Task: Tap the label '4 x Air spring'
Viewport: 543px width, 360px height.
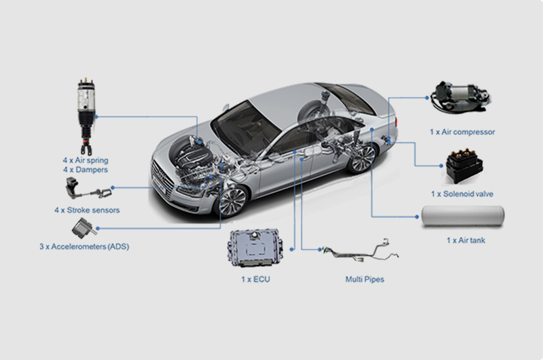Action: coord(86,160)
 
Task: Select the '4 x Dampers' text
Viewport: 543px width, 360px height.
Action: coord(86,170)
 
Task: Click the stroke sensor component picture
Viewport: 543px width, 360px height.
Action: coord(89,189)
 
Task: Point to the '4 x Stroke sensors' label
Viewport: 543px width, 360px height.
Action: coord(87,210)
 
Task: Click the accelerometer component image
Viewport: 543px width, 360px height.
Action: coord(82,228)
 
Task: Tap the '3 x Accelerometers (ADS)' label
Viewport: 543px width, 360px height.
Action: coord(84,247)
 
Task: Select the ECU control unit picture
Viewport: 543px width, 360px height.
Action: coord(255,247)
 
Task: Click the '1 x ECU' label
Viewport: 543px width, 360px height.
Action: coord(256,279)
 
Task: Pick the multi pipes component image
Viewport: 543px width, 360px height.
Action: coord(360,251)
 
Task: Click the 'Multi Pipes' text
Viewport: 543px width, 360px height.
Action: coord(364,279)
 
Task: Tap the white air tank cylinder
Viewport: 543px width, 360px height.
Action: coord(463,217)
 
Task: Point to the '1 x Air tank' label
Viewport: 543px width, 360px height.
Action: coord(466,240)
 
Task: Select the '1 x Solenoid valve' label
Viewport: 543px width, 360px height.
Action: coord(462,194)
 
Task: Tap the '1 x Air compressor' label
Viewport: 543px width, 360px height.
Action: coord(463,132)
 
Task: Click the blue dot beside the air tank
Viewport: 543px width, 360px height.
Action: coord(417,217)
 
